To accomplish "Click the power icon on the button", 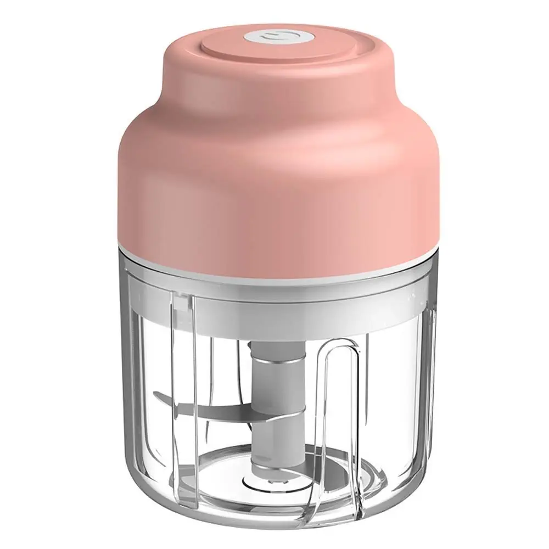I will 274,38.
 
